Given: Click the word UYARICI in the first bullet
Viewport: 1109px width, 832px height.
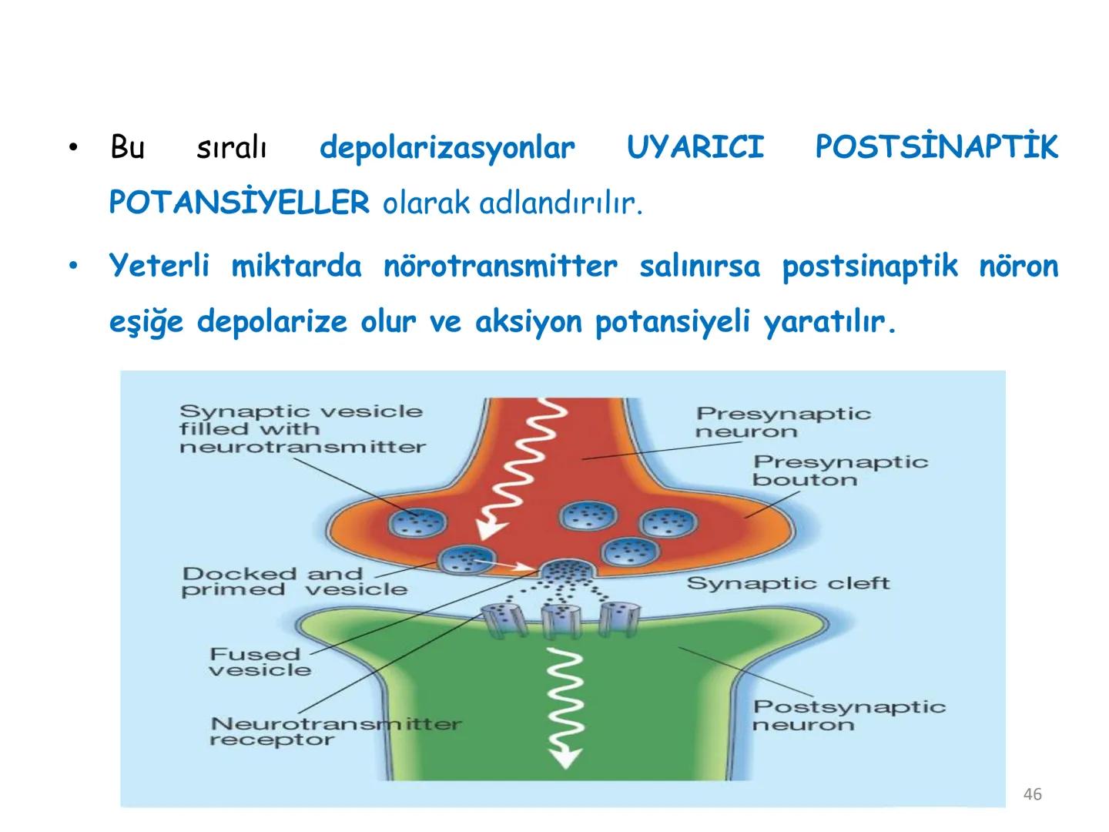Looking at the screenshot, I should coord(695,147).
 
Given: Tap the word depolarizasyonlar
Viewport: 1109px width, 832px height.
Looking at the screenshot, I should coord(447,147).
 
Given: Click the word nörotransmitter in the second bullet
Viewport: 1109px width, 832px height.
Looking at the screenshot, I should coord(500,267).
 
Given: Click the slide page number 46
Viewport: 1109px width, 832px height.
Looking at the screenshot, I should coord(1032,794).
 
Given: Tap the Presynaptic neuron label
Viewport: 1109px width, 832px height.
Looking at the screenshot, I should coord(782,422).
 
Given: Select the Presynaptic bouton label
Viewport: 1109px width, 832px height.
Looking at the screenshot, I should coord(839,470).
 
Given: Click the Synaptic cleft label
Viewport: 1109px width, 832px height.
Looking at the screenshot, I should coord(788,583).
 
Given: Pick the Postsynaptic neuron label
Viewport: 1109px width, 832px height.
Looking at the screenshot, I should coord(849,715).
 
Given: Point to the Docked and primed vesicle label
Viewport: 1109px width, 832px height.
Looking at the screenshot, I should coord(293,582).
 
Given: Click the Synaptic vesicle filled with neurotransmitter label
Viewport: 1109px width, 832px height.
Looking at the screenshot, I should coord(302,429).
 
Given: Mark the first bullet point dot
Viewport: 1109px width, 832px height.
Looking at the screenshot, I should coord(73,147).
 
